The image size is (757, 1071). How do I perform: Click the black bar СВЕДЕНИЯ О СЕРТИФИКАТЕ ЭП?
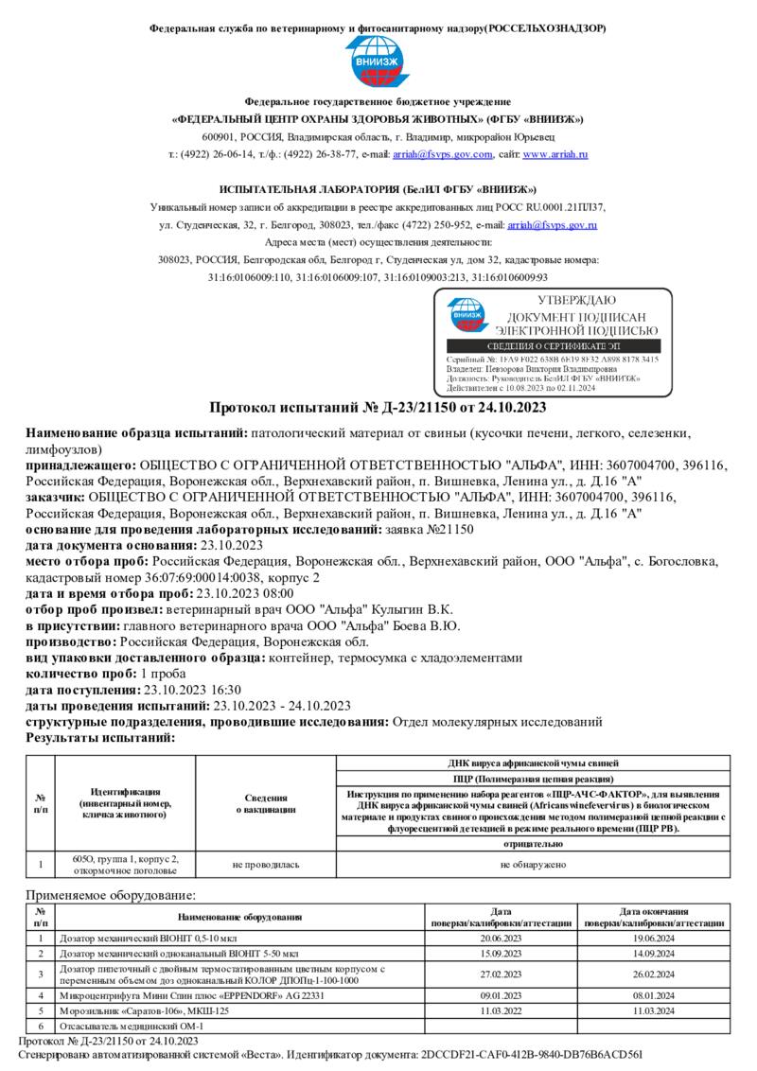pyautogui.click(x=553, y=347)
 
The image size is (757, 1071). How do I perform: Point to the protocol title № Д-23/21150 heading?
pyautogui.click(x=378, y=408)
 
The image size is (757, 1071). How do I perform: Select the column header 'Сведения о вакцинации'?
pyautogui.click(x=265, y=804)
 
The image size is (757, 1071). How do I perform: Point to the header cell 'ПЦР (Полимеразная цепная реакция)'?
pyautogui.click(x=534, y=777)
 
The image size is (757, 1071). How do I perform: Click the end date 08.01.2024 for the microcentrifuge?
pyautogui.click(x=654, y=995)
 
